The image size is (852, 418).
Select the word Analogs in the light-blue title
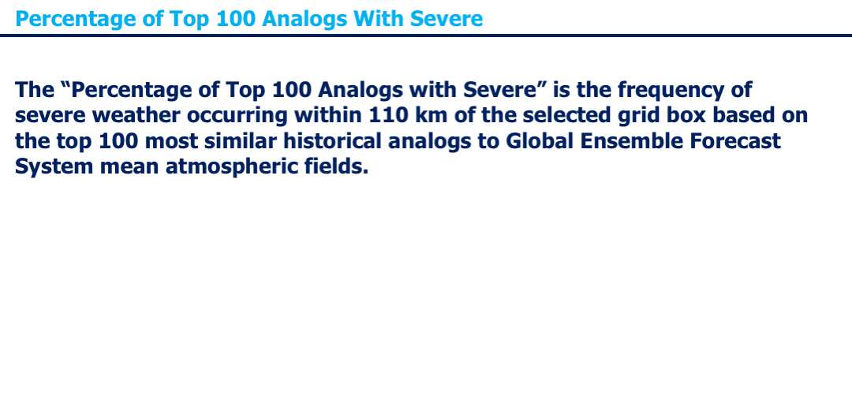(x=305, y=18)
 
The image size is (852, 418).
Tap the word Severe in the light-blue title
(x=446, y=18)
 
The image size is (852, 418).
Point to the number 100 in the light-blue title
(x=235, y=18)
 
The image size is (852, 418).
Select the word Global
(x=541, y=141)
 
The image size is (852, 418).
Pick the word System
(x=54, y=167)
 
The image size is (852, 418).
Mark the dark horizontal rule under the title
(x=426, y=35)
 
